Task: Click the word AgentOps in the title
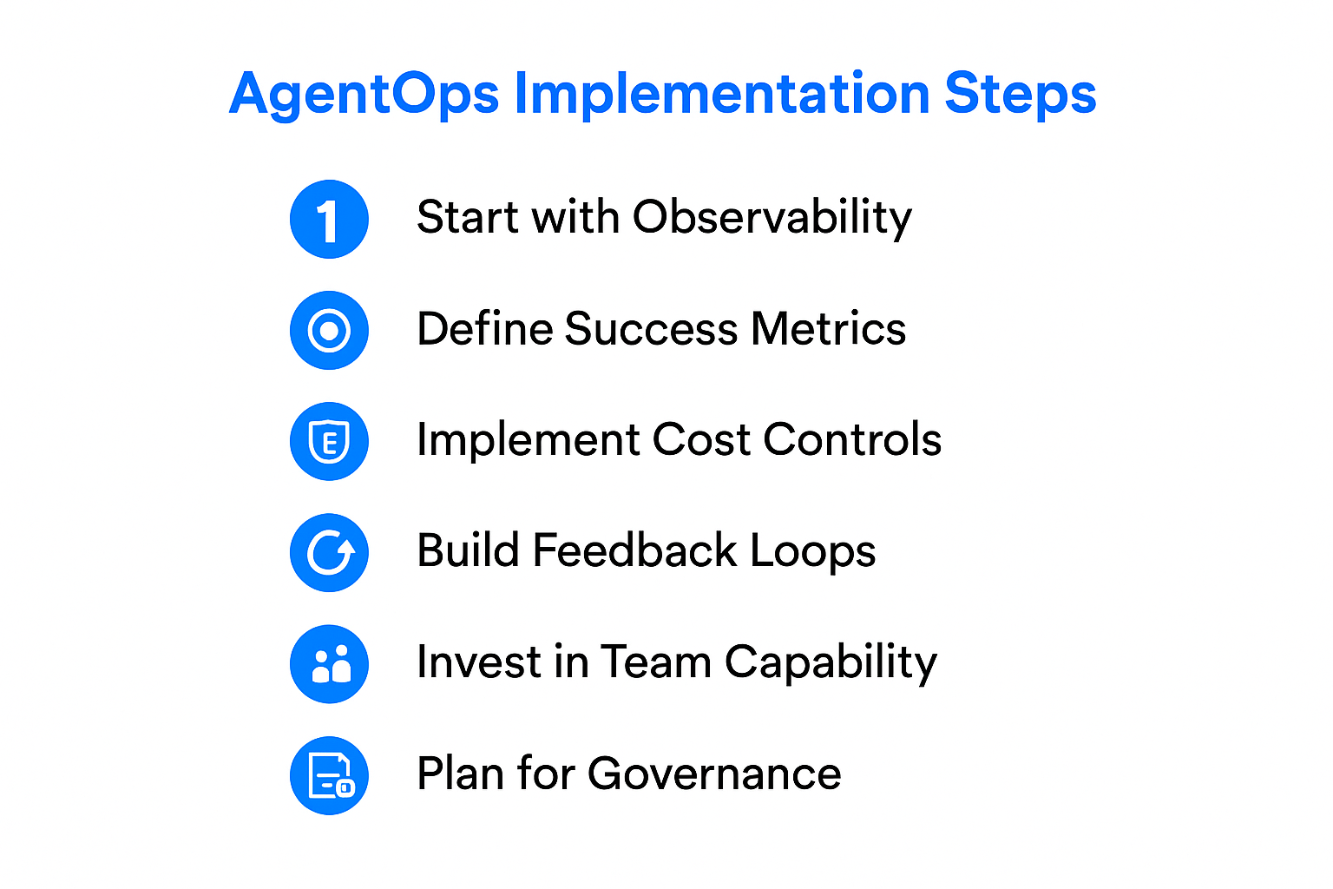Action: [364, 94]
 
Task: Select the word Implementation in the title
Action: [722, 94]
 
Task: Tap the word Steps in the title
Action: [1021, 94]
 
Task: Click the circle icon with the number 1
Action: [329, 219]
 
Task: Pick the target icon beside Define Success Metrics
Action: [329, 330]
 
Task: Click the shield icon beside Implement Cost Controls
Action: [329, 441]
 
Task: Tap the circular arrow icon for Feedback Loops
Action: [329, 552]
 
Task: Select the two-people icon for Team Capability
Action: [329, 664]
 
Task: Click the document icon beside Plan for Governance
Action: [329, 775]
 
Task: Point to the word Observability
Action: [772, 217]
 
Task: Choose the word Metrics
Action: [829, 329]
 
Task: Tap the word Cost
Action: [700, 439]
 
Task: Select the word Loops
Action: [812, 552]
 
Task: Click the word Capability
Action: [831, 663]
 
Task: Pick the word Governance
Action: [713, 774]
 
